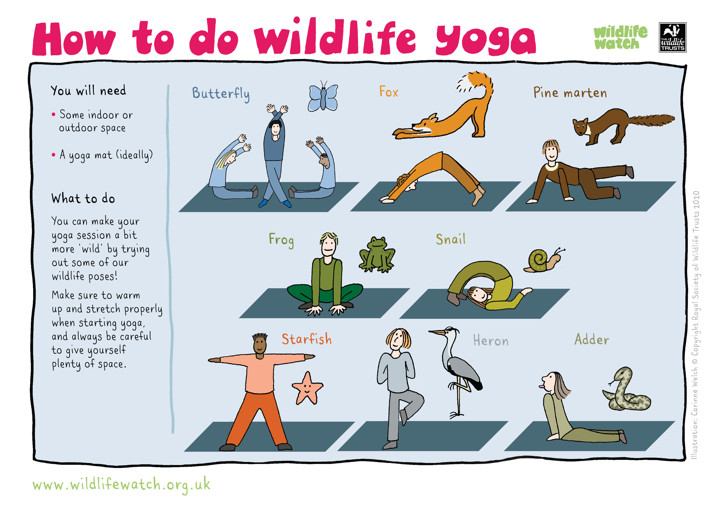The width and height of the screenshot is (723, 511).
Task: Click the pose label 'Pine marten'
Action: (x=570, y=93)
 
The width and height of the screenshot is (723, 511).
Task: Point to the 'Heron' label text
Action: (x=491, y=341)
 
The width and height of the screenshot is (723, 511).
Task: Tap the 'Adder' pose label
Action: (x=592, y=339)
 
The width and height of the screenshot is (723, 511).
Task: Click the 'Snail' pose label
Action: (x=451, y=239)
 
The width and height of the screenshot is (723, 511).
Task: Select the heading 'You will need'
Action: (x=88, y=90)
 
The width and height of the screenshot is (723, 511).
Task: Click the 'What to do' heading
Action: (x=83, y=198)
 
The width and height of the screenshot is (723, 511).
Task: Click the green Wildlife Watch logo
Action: (x=620, y=37)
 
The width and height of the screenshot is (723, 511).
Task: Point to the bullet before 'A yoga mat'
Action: (x=54, y=155)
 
